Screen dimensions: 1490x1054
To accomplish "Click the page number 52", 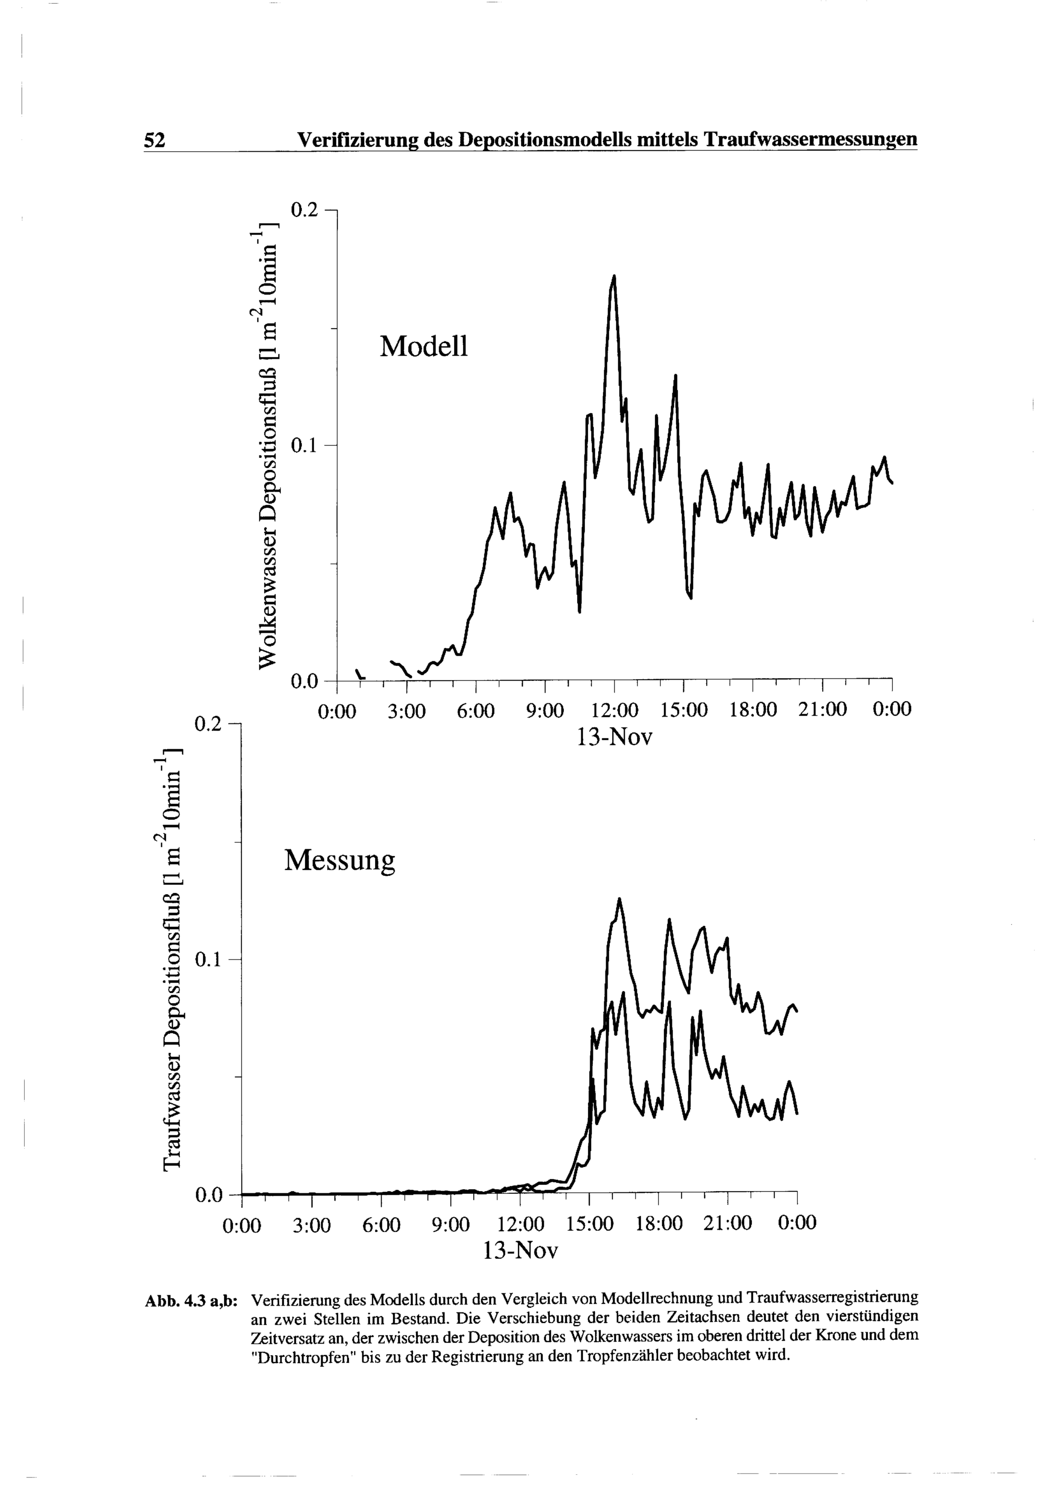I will point(154,140).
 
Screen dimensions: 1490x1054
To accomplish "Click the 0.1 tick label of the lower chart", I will point(209,958).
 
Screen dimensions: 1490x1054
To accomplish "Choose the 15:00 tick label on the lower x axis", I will point(589,1224).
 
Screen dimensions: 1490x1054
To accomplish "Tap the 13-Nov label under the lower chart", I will point(521,1251).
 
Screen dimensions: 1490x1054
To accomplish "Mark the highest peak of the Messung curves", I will point(619,899).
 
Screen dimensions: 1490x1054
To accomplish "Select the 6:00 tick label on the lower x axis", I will point(381,1224).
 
